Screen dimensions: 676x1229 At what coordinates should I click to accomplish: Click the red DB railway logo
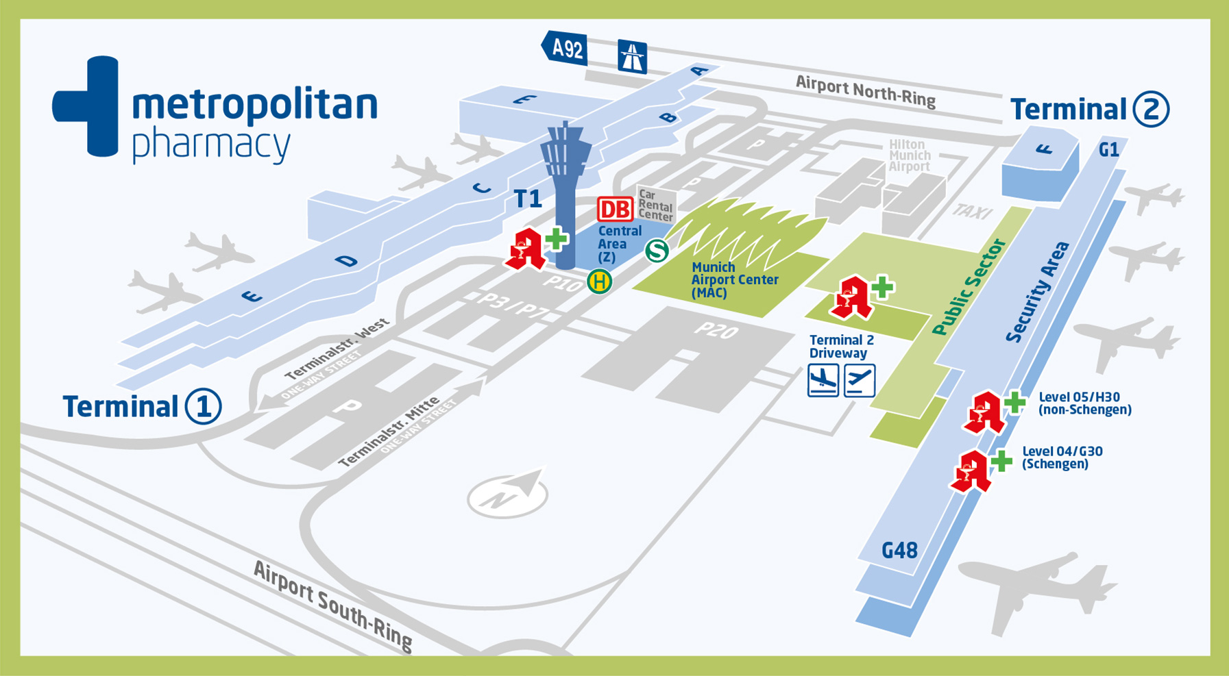click(615, 210)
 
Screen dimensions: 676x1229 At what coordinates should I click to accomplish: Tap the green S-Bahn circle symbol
click(657, 251)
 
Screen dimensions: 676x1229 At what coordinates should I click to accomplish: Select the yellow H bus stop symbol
click(599, 281)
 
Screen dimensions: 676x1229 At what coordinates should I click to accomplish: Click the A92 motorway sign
click(565, 49)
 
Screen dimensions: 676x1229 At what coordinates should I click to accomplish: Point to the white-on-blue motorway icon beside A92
click(632, 56)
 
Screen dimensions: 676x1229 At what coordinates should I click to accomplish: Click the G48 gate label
click(899, 551)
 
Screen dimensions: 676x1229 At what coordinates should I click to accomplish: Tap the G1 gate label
click(1108, 150)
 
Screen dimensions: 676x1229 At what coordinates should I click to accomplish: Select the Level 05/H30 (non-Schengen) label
click(1084, 403)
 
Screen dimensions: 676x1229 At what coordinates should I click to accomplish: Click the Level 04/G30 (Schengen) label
click(1062, 458)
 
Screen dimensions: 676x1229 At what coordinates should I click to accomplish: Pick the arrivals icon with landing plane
click(823, 380)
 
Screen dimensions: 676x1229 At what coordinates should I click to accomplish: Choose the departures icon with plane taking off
click(860, 380)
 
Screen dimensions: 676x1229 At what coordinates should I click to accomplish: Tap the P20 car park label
click(716, 331)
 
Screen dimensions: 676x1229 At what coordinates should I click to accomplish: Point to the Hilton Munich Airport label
click(909, 155)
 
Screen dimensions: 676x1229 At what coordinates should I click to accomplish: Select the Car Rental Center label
click(655, 205)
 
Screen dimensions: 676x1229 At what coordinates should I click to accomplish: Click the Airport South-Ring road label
click(332, 605)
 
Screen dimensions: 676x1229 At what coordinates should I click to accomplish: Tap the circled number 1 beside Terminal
click(203, 407)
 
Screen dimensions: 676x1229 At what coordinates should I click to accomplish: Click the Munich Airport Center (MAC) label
click(734, 280)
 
